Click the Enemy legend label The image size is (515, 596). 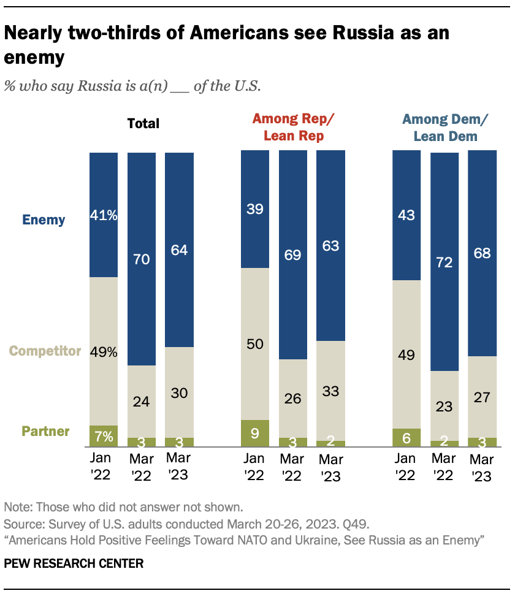(x=44, y=219)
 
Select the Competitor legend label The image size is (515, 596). (x=45, y=351)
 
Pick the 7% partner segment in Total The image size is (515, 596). (x=104, y=435)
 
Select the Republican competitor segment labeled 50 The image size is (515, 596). (x=255, y=343)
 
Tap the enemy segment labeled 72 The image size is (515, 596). (x=444, y=261)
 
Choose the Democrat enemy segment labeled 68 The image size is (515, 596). (x=482, y=253)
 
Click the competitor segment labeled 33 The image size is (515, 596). (x=330, y=391)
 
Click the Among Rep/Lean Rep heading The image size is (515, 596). (x=293, y=127)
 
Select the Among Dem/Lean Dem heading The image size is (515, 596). (x=444, y=127)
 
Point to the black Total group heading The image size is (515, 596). (x=143, y=123)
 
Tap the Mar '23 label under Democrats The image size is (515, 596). (x=482, y=467)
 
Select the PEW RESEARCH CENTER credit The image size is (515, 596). (x=74, y=563)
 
